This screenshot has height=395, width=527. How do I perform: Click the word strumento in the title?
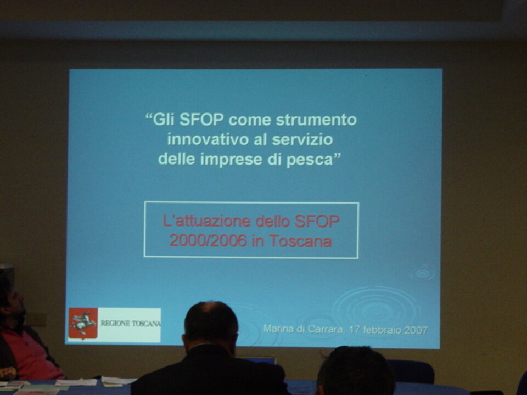tap(316, 120)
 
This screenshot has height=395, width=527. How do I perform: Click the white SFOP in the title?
tap(201, 119)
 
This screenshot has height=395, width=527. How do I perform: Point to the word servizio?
tap(302, 139)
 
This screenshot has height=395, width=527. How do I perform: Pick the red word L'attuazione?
tap(207, 221)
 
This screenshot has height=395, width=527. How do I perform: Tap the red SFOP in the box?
tap(317, 221)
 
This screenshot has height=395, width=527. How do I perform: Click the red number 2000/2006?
tap(208, 240)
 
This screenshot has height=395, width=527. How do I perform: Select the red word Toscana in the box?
tap(300, 241)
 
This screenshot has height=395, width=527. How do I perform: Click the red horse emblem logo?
tap(83, 324)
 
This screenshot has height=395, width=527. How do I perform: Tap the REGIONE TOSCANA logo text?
tap(131, 324)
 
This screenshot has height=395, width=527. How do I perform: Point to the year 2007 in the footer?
tap(416, 330)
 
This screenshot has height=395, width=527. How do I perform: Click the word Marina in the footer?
tap(279, 328)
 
